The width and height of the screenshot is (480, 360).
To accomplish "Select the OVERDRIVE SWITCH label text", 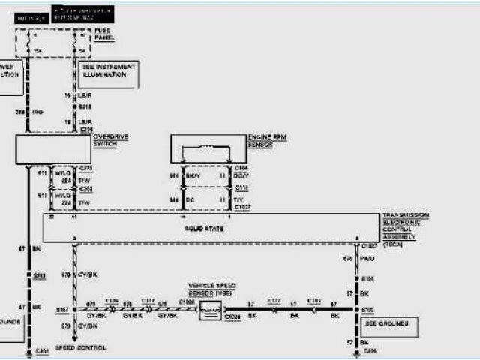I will tap(106, 141).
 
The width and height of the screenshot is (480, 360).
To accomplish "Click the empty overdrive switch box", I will tap(53, 149).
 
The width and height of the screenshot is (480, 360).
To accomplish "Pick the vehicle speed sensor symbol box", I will tap(213, 308).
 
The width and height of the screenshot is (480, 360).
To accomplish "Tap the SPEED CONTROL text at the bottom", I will tap(80, 347).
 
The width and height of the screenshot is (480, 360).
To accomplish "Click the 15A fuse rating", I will tap(37, 52).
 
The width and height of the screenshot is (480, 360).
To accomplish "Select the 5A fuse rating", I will tap(82, 52).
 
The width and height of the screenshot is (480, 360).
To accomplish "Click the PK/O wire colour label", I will tap(368, 259).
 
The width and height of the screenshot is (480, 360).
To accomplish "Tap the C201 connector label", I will tap(43, 351).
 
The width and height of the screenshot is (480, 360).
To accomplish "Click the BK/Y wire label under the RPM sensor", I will tap(194, 175).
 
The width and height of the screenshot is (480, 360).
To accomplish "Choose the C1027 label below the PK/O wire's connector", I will tap(370, 244).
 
